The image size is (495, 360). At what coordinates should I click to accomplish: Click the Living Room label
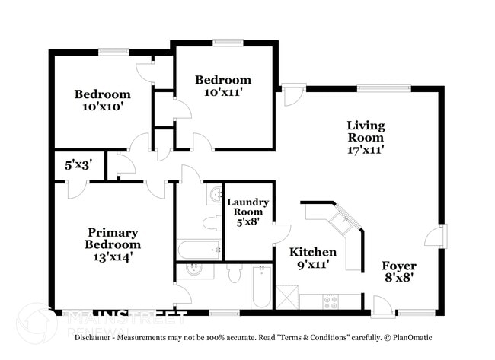pos(366,131)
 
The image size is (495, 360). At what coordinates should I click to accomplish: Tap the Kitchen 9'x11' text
pos(312,259)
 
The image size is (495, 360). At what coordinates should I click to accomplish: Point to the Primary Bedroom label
pos(112,238)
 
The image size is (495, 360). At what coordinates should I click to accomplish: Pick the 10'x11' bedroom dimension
pos(222,92)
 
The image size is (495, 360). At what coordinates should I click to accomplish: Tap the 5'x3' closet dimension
pos(78,164)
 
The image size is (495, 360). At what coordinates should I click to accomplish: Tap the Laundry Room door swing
pos(281,234)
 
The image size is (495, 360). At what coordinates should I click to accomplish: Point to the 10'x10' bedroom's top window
pos(113,52)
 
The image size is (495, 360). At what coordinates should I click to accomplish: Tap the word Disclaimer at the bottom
pos(95,337)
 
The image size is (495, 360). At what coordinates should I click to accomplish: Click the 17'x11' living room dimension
pos(366,150)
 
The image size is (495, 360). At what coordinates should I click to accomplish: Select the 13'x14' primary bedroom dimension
pos(113,258)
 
